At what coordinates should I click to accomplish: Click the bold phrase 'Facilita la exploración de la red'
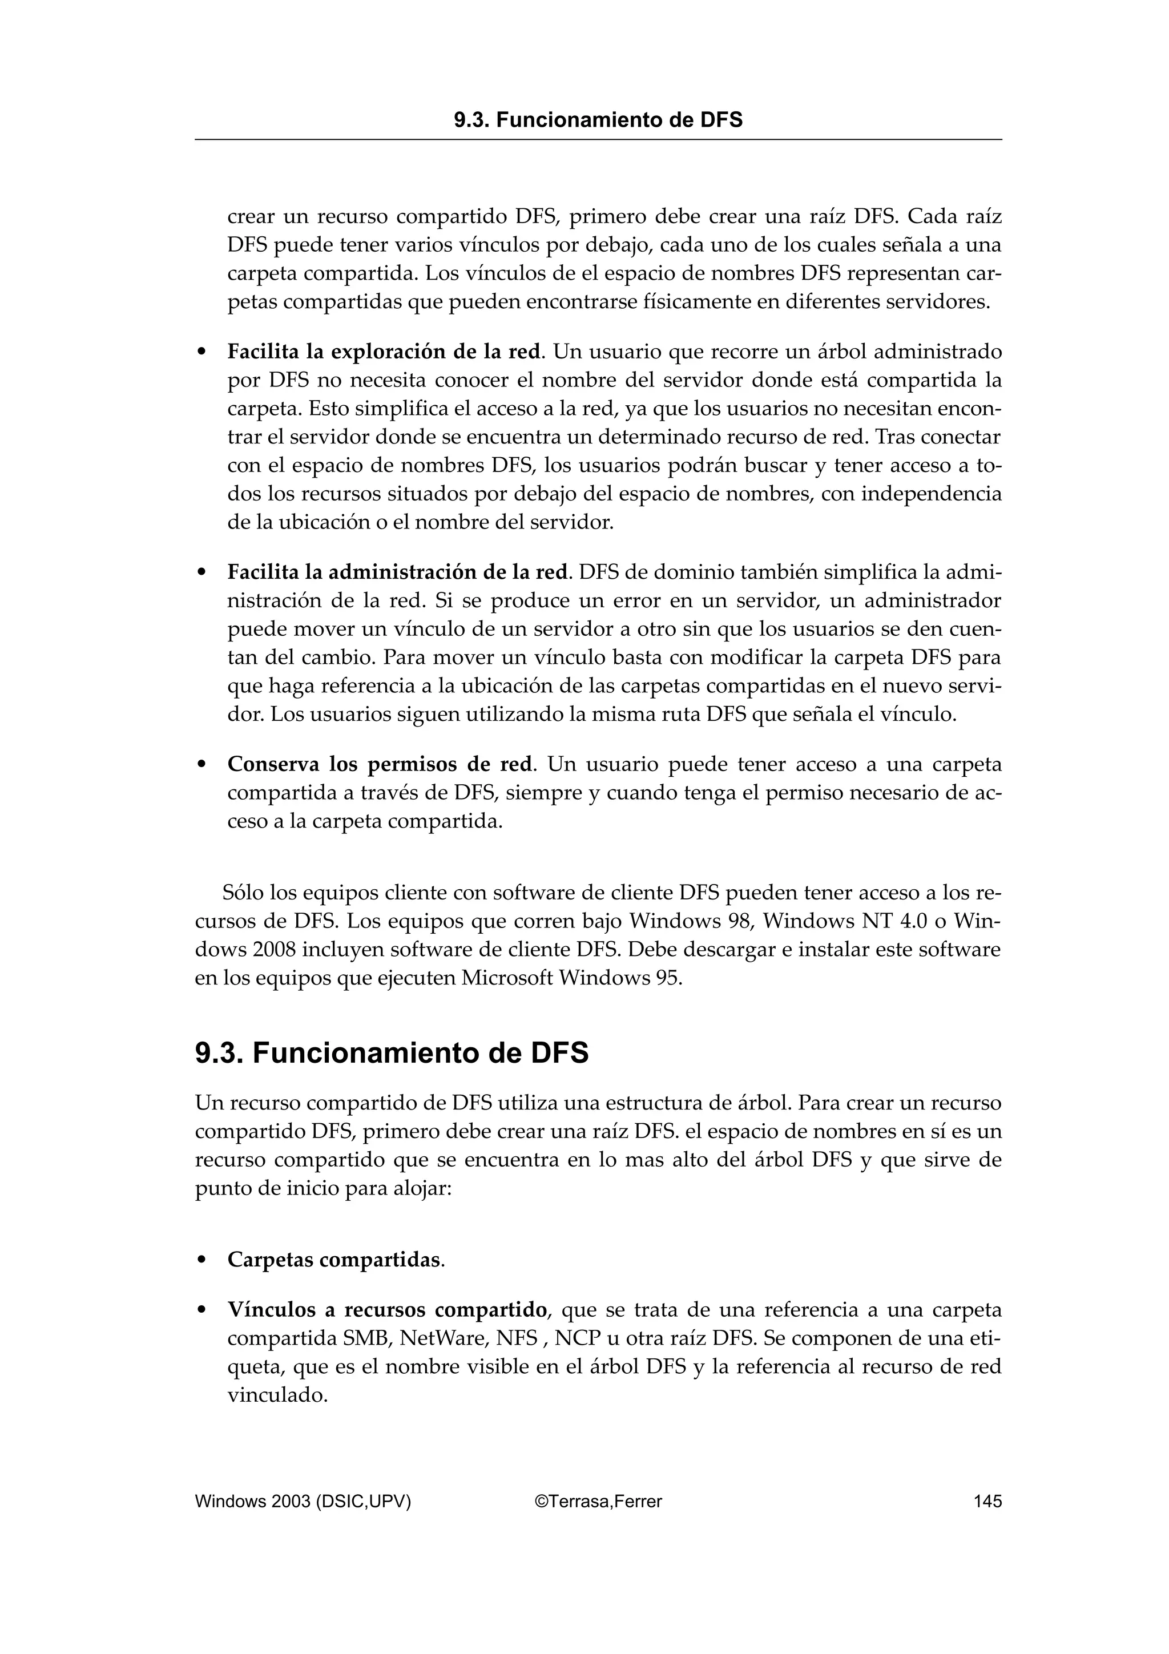pyautogui.click(x=384, y=352)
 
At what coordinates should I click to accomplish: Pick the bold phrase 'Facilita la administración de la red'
pyautogui.click(x=398, y=572)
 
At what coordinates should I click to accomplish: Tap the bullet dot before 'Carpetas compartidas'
pyautogui.click(x=203, y=1260)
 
